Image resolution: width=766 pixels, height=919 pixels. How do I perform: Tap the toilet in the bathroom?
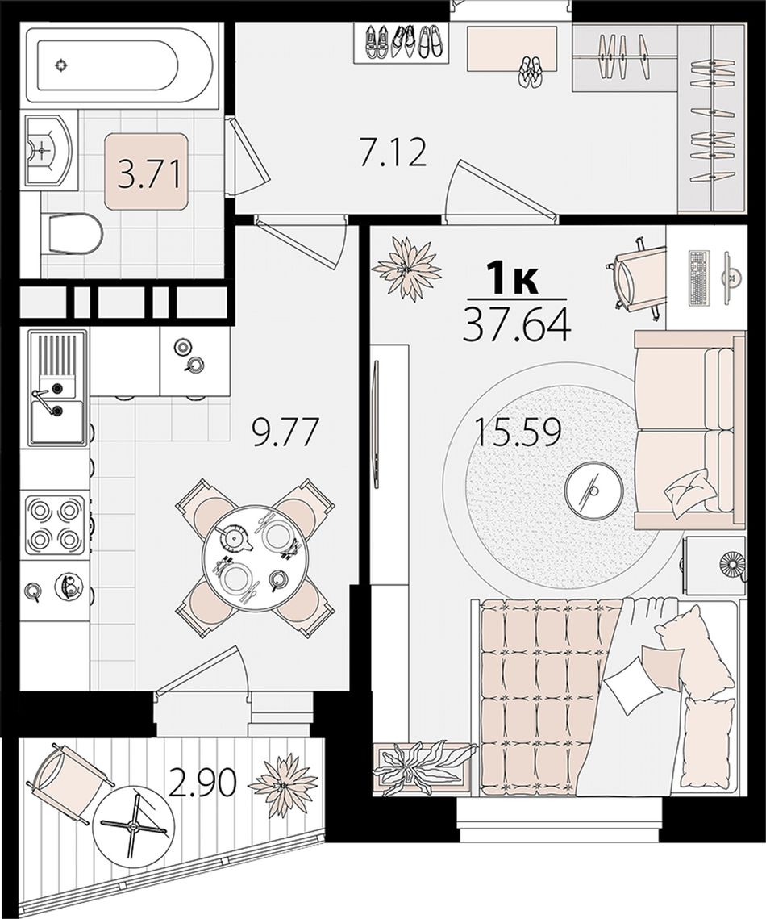point(73,233)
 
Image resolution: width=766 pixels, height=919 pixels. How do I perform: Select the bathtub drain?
point(59,65)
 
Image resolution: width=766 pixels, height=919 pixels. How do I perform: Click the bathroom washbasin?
point(48,150)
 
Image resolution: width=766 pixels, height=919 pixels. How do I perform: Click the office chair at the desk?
point(637,277)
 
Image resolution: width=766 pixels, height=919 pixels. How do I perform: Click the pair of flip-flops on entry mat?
point(531,72)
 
